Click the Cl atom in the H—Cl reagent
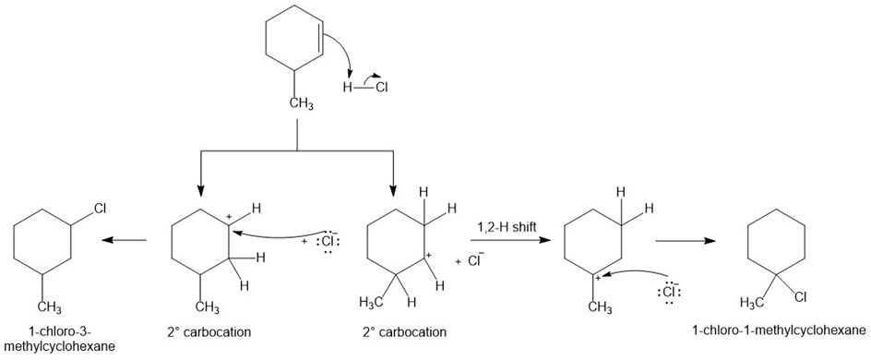point(381,87)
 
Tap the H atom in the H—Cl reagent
point(348,87)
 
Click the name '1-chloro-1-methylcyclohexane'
point(779,330)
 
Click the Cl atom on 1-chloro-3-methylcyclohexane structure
point(101,209)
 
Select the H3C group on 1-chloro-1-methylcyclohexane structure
point(752,304)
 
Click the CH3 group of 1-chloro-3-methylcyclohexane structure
point(50,306)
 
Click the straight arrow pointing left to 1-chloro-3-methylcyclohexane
point(125,241)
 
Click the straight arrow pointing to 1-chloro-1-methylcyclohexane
point(686,241)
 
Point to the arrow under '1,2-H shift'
point(510,241)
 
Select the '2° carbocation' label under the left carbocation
point(209,333)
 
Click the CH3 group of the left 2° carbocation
point(209,306)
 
